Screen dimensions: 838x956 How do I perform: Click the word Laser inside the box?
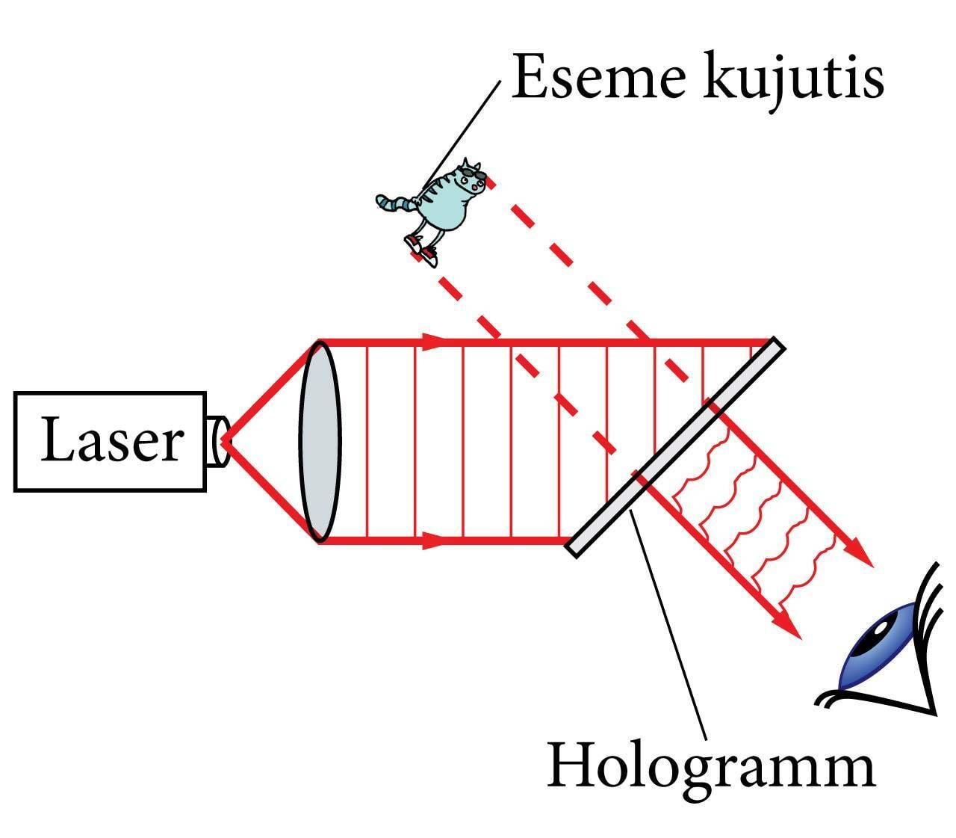[x=111, y=441]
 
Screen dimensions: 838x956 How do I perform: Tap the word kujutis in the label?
[x=793, y=77]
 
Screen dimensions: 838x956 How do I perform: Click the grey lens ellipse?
[x=320, y=441]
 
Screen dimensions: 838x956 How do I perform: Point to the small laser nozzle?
[x=217, y=441]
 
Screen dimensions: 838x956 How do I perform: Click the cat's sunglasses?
[x=472, y=175]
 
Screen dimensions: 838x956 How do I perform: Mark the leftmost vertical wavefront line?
[x=367, y=441]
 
